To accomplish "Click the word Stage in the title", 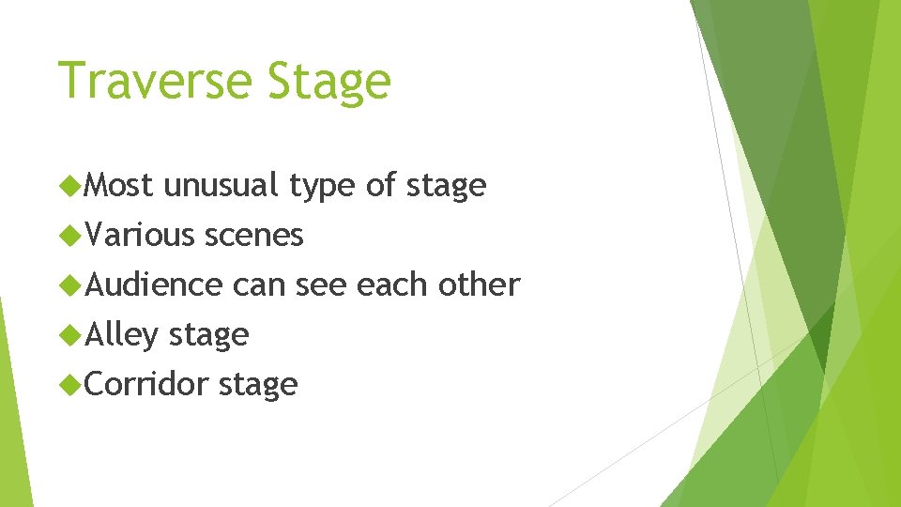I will pyautogui.click(x=328, y=83).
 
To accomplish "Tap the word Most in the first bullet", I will pyautogui.click(x=119, y=185).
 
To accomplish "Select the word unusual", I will pyautogui.click(x=221, y=186).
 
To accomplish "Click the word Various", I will pyautogui.click(x=138, y=235).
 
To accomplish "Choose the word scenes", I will pyautogui.click(x=254, y=236).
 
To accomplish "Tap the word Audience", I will pyautogui.click(x=154, y=284).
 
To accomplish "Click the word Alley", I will pyautogui.click(x=122, y=335).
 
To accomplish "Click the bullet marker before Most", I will pyautogui.click(x=69, y=186).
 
